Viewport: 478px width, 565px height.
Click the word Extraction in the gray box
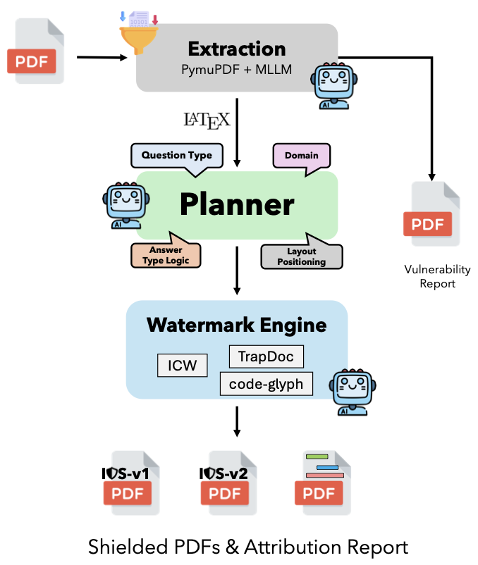237,49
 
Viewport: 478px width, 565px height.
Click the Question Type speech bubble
176,156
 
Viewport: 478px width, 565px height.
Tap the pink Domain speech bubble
301,156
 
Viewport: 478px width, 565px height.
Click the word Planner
237,204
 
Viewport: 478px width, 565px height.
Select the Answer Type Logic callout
166,254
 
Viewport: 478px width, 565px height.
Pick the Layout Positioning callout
302,256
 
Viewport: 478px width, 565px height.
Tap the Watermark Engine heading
237,325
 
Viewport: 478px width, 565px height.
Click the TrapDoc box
266,356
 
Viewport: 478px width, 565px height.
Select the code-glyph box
266,383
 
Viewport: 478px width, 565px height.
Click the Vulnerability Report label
437,277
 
